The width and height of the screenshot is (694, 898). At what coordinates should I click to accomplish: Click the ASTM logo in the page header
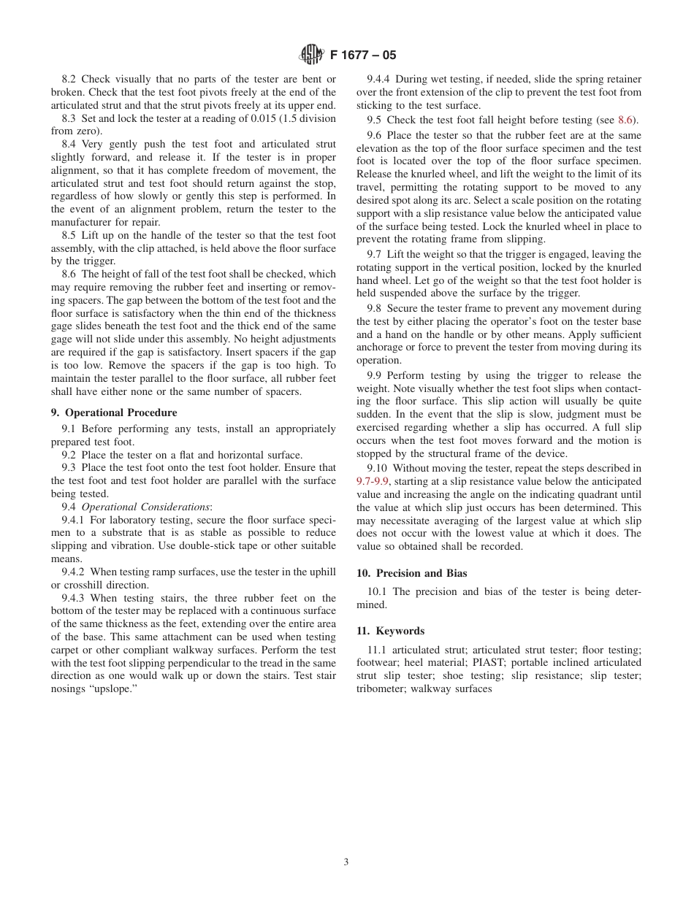(312, 55)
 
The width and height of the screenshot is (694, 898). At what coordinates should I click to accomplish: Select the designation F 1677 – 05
(363, 55)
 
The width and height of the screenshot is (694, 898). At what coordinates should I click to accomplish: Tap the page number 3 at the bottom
(346, 861)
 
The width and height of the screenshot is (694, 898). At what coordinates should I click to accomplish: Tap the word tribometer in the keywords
(381, 688)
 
